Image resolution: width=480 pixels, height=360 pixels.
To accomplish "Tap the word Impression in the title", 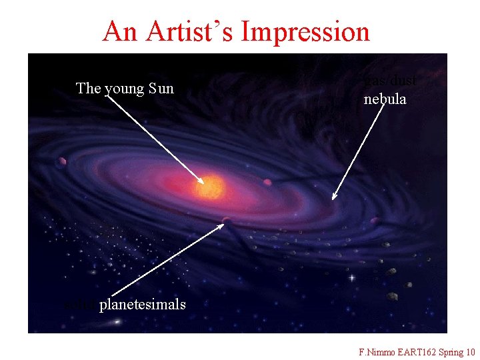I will click(306, 31).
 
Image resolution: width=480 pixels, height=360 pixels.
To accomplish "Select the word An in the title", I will click(120, 31).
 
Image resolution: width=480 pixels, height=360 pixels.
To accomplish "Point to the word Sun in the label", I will click(161, 88).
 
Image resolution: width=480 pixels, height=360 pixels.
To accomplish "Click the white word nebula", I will click(385, 100).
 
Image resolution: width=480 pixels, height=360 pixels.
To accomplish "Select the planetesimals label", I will click(142, 305).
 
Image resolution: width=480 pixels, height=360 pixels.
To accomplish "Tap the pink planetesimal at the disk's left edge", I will click(63, 161).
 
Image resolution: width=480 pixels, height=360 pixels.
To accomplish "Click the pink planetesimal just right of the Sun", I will click(267, 182).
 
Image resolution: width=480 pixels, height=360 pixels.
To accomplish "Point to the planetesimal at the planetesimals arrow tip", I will click(227, 220).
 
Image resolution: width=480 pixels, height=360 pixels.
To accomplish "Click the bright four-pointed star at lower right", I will click(351, 277).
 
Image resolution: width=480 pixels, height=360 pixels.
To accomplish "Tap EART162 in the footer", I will click(417, 352).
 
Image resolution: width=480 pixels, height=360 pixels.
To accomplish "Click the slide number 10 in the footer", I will click(471, 352).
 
